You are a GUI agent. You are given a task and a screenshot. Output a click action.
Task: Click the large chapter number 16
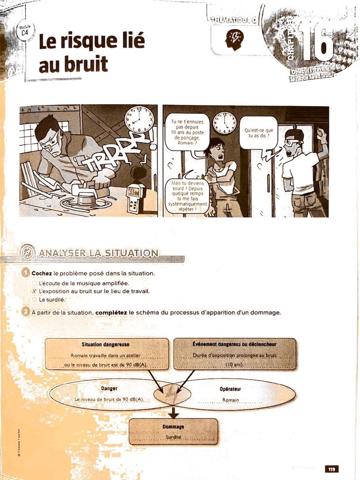pyautogui.click(x=317, y=43)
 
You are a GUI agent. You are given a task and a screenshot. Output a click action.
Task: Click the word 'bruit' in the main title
pyautogui.click(x=73, y=65)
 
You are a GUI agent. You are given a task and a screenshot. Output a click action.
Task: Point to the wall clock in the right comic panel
pyautogui.click(x=225, y=123)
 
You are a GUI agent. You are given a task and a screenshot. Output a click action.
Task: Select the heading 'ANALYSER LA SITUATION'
pyautogui.click(x=98, y=254)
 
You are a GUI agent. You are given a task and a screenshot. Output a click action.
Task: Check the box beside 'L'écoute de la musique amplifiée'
pyautogui.click(x=34, y=283)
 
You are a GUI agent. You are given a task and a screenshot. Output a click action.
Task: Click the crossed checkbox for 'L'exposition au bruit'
pyautogui.click(x=34, y=291)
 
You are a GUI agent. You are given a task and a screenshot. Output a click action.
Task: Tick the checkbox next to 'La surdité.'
pyautogui.click(x=34, y=300)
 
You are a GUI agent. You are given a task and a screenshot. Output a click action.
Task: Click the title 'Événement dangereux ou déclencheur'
pyautogui.click(x=234, y=344)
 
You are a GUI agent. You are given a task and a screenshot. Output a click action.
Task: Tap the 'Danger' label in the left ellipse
pyautogui.click(x=109, y=388)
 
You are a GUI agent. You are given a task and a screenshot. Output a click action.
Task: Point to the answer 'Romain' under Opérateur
pyautogui.click(x=231, y=400)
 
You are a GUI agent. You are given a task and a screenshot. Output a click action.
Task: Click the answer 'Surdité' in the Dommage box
pyautogui.click(x=173, y=437)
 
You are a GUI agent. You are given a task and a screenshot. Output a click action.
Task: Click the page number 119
pyautogui.click(x=331, y=469)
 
